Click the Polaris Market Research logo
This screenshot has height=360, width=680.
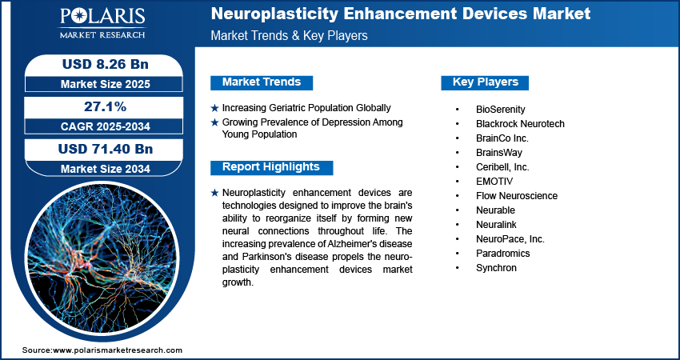[101, 23]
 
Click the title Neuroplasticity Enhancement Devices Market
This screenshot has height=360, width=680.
[400, 14]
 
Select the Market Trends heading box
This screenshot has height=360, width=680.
[262, 82]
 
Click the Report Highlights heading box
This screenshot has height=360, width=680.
[271, 167]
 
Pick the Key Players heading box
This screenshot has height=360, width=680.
[485, 82]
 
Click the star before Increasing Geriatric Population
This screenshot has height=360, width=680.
[214, 108]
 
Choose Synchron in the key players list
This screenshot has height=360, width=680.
[496, 267]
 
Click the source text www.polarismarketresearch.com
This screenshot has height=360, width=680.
[118, 350]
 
